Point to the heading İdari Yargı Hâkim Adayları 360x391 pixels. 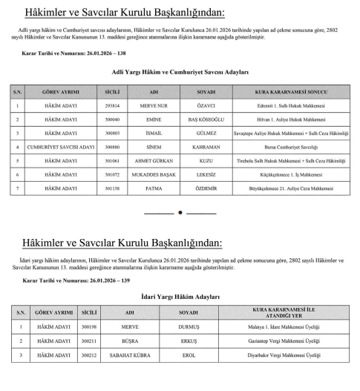pyautogui.click(x=180, y=297)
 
